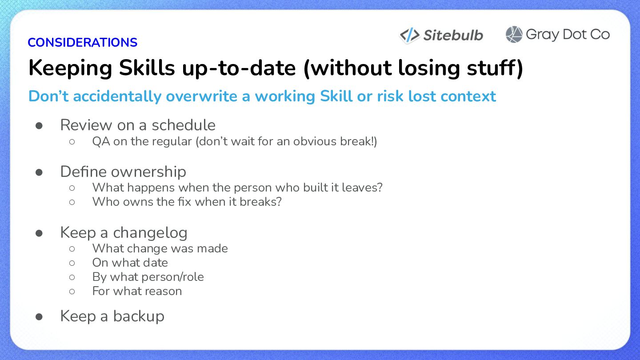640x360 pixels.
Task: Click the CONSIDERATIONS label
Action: (x=82, y=43)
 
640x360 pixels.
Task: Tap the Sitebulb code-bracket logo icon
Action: (x=410, y=36)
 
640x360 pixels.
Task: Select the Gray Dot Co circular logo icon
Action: (x=514, y=35)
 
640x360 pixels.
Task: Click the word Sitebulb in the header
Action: (x=453, y=36)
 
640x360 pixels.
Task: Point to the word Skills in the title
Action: (x=147, y=68)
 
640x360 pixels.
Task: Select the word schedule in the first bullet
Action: (x=184, y=125)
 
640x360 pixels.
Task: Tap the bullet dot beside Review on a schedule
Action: (x=39, y=126)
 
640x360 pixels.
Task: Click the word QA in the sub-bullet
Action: (x=101, y=141)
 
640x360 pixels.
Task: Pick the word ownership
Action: (x=148, y=172)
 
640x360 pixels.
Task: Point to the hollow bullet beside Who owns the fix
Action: (x=72, y=202)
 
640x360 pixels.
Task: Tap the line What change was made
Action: (x=160, y=248)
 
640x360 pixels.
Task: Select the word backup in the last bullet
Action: (x=139, y=316)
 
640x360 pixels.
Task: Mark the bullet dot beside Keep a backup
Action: (x=39, y=317)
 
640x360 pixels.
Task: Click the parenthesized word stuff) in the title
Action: (x=495, y=68)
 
